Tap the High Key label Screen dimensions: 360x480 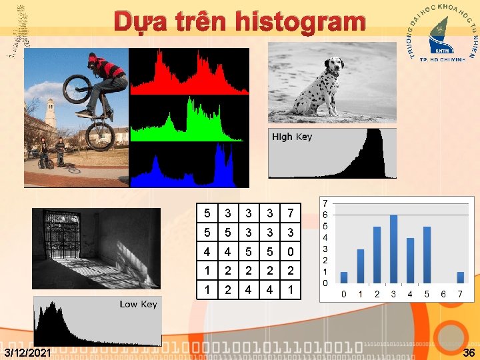click(x=292, y=137)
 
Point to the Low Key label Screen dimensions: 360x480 click(x=138, y=304)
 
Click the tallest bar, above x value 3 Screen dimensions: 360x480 click(x=393, y=249)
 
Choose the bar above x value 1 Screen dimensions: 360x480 click(x=361, y=266)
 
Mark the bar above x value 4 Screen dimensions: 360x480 click(x=411, y=260)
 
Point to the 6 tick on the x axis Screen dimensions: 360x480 click(x=444, y=294)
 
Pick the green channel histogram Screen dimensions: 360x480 click(x=188, y=120)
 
